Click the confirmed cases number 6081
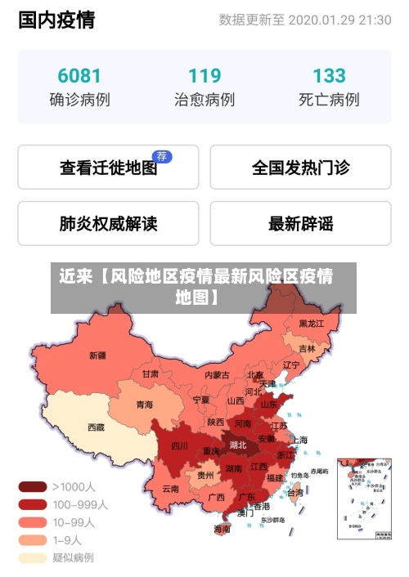coord(79,76)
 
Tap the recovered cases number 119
coord(204,76)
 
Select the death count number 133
coord(329,76)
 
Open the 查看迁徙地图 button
coord(108,168)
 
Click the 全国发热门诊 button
coord(300,168)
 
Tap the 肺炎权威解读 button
coord(108,223)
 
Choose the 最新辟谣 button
coord(300,223)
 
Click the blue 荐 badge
coord(162,156)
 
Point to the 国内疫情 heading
coord(56,20)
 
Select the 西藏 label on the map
coord(97,427)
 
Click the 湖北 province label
coord(238,445)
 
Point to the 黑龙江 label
coord(311,324)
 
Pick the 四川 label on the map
coord(179,446)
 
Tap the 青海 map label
coord(144,404)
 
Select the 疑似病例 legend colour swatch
coord(33,557)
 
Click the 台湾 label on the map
coord(294,492)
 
